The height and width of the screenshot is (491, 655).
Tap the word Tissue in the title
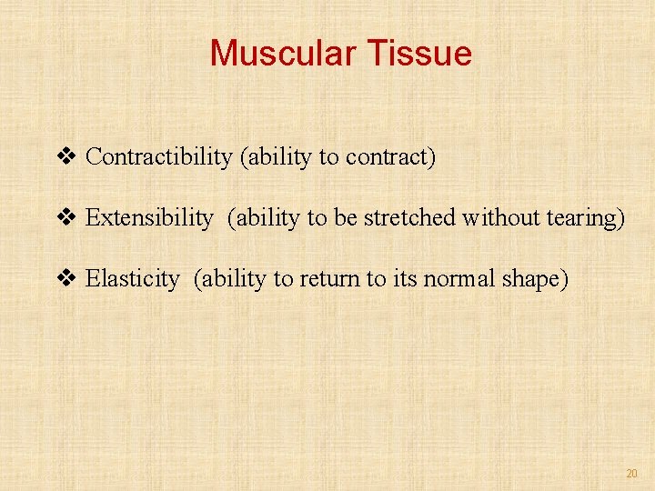point(420,54)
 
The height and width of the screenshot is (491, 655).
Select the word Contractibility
point(159,157)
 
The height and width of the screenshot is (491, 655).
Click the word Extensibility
point(148,218)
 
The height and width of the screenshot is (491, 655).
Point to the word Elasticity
point(132,279)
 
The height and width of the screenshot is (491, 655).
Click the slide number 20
point(631,474)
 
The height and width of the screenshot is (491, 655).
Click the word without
point(498,218)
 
